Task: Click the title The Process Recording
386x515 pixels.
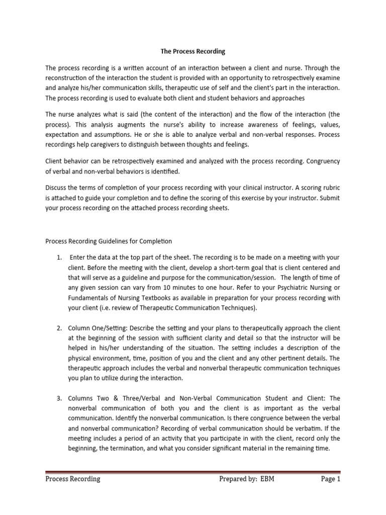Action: pos(193,51)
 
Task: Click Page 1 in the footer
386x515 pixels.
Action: pos(331,479)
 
